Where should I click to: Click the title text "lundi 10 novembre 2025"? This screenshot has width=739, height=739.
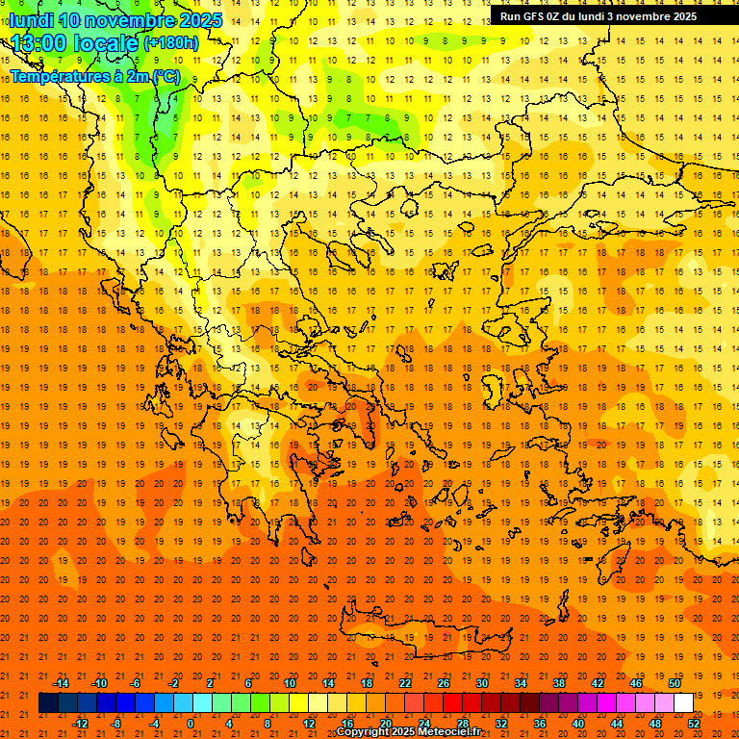click(x=115, y=20)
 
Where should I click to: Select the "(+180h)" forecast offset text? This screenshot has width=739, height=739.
click(x=170, y=42)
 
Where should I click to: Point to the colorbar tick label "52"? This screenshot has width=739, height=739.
click(x=695, y=723)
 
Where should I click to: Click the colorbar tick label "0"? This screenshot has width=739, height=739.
click(x=191, y=723)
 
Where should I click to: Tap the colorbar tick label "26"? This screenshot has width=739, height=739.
click(x=444, y=683)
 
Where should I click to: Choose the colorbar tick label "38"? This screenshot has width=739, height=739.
click(x=559, y=683)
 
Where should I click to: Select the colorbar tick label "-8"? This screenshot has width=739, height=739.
click(x=117, y=723)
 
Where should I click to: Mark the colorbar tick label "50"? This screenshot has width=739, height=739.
click(x=674, y=683)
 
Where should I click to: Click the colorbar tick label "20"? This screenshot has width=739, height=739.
click(x=385, y=723)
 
